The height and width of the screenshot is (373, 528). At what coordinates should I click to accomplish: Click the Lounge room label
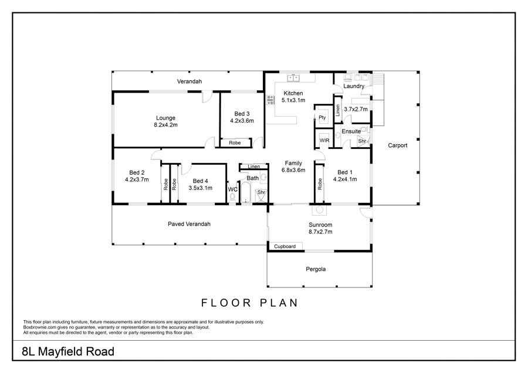click(x=165, y=118)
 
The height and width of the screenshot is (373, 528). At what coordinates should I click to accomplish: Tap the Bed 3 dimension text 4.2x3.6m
click(x=242, y=120)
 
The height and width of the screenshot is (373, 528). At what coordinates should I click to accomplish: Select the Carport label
click(x=397, y=145)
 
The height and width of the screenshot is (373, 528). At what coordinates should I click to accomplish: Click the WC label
click(x=233, y=189)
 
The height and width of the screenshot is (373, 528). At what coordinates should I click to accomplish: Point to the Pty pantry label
click(x=322, y=117)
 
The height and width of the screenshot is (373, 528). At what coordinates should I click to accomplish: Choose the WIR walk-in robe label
click(x=324, y=140)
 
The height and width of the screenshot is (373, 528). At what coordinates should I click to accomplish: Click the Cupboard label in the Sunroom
click(x=285, y=246)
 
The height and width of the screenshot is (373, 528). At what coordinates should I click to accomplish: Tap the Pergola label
click(x=316, y=269)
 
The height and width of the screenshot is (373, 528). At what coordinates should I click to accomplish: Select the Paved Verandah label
click(x=189, y=224)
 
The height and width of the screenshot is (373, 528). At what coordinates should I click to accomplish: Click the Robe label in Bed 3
click(x=235, y=143)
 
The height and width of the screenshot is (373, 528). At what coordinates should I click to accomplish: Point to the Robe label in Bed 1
click(x=320, y=184)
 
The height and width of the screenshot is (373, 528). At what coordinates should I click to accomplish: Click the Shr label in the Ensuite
click(x=362, y=141)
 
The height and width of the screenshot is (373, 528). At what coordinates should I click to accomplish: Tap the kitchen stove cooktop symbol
click(x=270, y=100)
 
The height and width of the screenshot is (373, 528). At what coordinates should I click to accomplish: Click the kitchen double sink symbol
click(x=293, y=78)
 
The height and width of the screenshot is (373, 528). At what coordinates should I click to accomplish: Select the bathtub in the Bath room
click(x=246, y=193)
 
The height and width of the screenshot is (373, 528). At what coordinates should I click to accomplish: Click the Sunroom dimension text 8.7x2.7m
click(x=320, y=232)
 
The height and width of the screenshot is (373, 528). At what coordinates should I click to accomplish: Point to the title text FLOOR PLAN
click(x=249, y=303)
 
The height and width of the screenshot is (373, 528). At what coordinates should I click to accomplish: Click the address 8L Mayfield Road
click(x=68, y=351)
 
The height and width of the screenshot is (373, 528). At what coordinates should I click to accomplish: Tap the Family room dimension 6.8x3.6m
click(x=293, y=170)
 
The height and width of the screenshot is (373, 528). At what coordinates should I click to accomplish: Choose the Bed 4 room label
click(x=201, y=181)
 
